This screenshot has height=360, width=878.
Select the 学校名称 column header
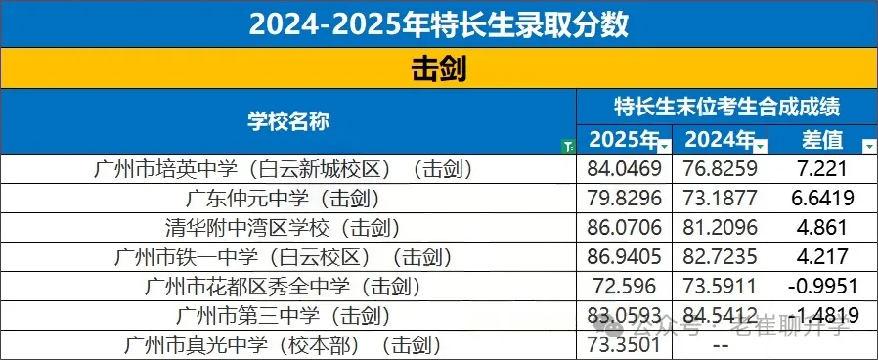pyautogui.click(x=287, y=120)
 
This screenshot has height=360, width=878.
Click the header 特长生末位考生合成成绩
pyautogui.click(x=727, y=106)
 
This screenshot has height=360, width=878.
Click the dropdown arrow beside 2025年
pyautogui.click(x=665, y=146)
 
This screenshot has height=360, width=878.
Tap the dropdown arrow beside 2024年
pyautogui.click(x=761, y=146)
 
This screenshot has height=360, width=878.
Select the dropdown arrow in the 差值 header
pyautogui.click(x=867, y=146)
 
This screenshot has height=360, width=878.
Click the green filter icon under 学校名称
pyautogui.click(x=569, y=147)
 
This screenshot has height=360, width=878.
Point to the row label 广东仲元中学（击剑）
pyautogui.click(x=287, y=199)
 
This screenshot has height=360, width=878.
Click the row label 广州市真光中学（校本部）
pyautogui.click(x=287, y=345)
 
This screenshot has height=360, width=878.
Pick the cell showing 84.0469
pyautogui.click(x=624, y=169)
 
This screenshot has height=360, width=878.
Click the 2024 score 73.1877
pyautogui.click(x=720, y=199)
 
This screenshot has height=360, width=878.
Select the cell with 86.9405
pyautogui.click(x=624, y=257)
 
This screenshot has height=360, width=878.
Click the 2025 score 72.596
pyautogui.click(x=624, y=287)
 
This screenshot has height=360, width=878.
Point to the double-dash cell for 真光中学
pyautogui.click(x=720, y=346)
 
